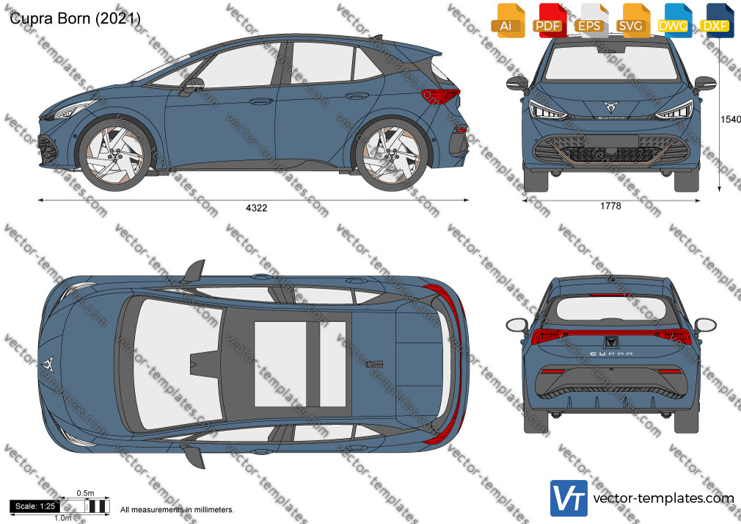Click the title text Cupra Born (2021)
pos(75,18)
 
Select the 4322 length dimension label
pos(257,208)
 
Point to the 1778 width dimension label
pos(610,205)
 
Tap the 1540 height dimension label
pos(730,119)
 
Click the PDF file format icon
pos(548,21)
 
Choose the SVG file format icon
pos(631,21)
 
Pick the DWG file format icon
pos(673,21)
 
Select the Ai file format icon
pos(507,21)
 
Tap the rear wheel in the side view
pos(391,155)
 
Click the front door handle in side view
pos(261,101)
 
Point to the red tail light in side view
pos(440,95)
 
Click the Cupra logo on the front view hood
pos(610,106)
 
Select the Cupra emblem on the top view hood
pos(47,364)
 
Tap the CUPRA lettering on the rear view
pos(611,353)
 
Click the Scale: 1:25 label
pos(35,506)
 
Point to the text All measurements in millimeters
pos(177,510)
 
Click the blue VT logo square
pos(569,498)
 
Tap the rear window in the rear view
pos(610,308)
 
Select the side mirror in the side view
pos(192,86)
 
